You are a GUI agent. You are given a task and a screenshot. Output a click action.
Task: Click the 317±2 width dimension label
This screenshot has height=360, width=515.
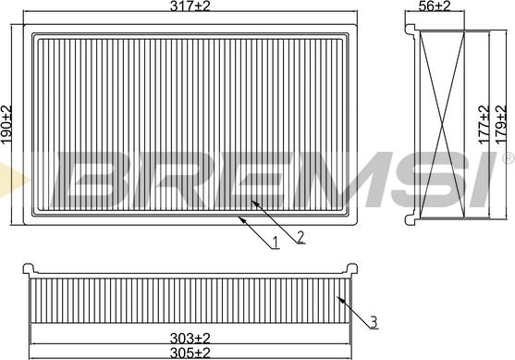pyautogui.click(x=190, y=6)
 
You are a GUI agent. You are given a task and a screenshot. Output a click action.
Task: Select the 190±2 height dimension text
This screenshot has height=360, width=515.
pyautogui.click(x=6, y=125)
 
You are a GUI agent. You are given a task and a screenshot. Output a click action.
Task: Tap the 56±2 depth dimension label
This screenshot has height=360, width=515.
pyautogui.click(x=435, y=6)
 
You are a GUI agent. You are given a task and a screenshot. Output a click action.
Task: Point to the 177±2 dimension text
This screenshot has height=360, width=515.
pyautogui.click(x=484, y=125)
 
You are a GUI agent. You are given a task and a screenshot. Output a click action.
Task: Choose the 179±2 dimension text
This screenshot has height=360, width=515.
pyautogui.click(x=501, y=125)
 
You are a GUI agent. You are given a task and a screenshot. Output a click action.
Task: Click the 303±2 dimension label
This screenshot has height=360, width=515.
pyautogui.click(x=190, y=338)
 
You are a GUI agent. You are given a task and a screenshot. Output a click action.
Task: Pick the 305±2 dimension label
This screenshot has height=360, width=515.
pyautogui.click(x=190, y=354)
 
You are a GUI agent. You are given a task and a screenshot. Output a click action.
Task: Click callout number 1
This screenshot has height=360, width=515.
pyautogui.click(x=276, y=242)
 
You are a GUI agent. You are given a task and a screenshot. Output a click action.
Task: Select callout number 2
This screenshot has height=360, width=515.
pyautogui.click(x=300, y=237)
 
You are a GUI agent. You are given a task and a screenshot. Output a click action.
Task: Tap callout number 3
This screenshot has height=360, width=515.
pyautogui.click(x=374, y=322)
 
